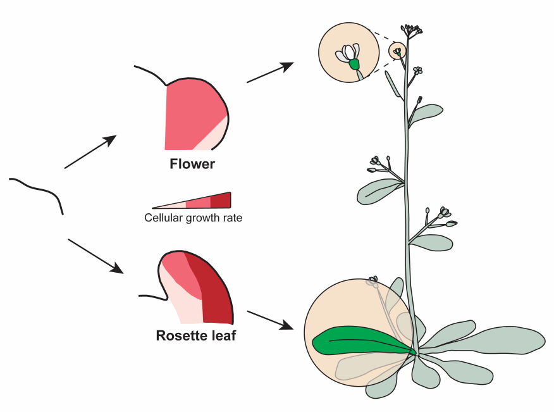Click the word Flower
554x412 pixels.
pos(192,165)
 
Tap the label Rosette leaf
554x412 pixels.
pos(195,335)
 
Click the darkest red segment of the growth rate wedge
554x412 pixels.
pos(221,201)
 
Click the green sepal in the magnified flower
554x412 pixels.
pos(354,65)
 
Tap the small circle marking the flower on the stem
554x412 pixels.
pos(397,51)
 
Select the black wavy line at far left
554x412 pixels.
pos(38,189)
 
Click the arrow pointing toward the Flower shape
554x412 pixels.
pos(90,152)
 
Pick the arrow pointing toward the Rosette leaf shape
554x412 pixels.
pos(95,256)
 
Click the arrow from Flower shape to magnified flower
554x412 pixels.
pos(270,72)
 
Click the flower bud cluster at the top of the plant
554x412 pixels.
pos(411,29)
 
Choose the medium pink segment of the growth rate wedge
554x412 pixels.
pos(198,203)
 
